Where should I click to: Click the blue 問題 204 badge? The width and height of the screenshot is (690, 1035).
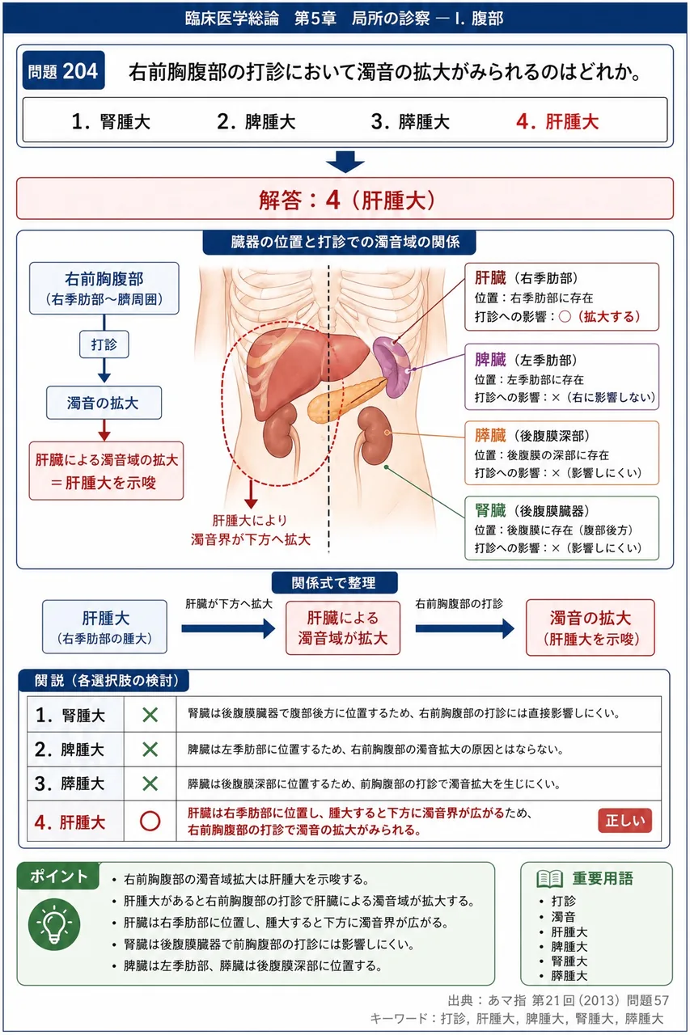[63, 70]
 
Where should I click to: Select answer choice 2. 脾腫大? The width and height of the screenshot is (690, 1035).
[256, 122]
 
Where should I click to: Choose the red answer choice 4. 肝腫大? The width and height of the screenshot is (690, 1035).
[557, 122]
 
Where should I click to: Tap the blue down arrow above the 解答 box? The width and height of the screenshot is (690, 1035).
[345, 162]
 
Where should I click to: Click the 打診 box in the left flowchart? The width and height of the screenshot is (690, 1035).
[104, 344]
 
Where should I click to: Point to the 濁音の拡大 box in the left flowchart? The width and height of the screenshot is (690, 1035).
[104, 403]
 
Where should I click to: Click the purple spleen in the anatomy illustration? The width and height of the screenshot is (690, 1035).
[392, 367]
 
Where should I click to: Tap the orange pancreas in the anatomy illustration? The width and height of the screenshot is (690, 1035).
[345, 399]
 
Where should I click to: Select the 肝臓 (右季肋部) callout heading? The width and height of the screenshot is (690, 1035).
[526, 278]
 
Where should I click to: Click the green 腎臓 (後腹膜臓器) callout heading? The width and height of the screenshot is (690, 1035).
[532, 510]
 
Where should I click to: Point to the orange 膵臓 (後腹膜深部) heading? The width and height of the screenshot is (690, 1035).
[532, 435]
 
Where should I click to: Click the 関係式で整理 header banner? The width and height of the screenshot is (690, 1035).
[334, 583]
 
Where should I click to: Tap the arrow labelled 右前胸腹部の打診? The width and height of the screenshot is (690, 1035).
[465, 628]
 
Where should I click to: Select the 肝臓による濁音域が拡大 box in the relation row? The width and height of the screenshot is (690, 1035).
[343, 628]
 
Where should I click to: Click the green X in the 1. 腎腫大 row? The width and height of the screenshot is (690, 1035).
[150, 715]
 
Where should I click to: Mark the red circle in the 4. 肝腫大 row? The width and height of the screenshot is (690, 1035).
[150, 821]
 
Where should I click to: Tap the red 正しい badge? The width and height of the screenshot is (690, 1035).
[624, 820]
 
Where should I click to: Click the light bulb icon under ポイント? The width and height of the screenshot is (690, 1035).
[54, 924]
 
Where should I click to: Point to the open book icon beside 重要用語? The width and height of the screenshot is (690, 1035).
[549, 878]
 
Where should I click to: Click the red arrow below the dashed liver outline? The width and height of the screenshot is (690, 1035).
[251, 494]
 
